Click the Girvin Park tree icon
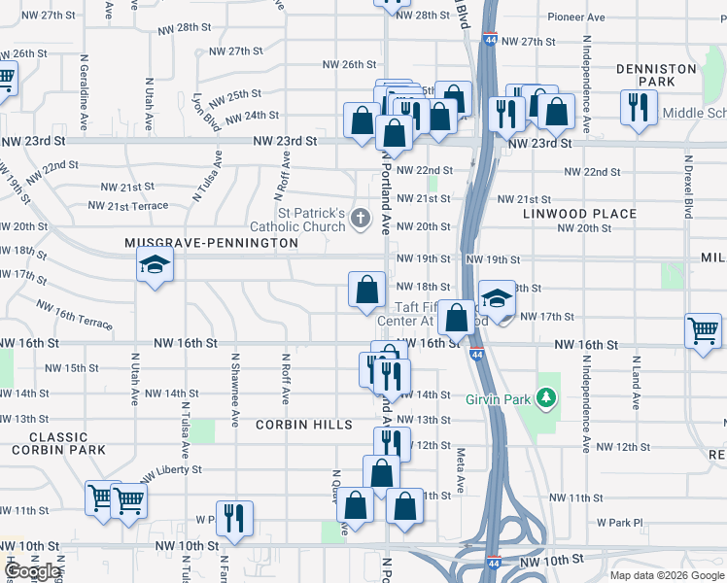[x=547, y=396]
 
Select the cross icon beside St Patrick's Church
[x=362, y=217]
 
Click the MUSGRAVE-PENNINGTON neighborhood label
[x=211, y=242]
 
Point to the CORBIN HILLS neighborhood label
[x=298, y=425]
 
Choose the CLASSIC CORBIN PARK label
[x=58, y=443]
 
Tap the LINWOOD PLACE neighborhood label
[x=579, y=213]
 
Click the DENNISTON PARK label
[x=656, y=76]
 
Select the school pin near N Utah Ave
[x=154, y=265]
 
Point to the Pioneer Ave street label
[x=577, y=17]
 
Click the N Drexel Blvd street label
[x=687, y=189]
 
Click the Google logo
[x=32, y=571]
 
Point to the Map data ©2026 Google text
[x=666, y=575]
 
